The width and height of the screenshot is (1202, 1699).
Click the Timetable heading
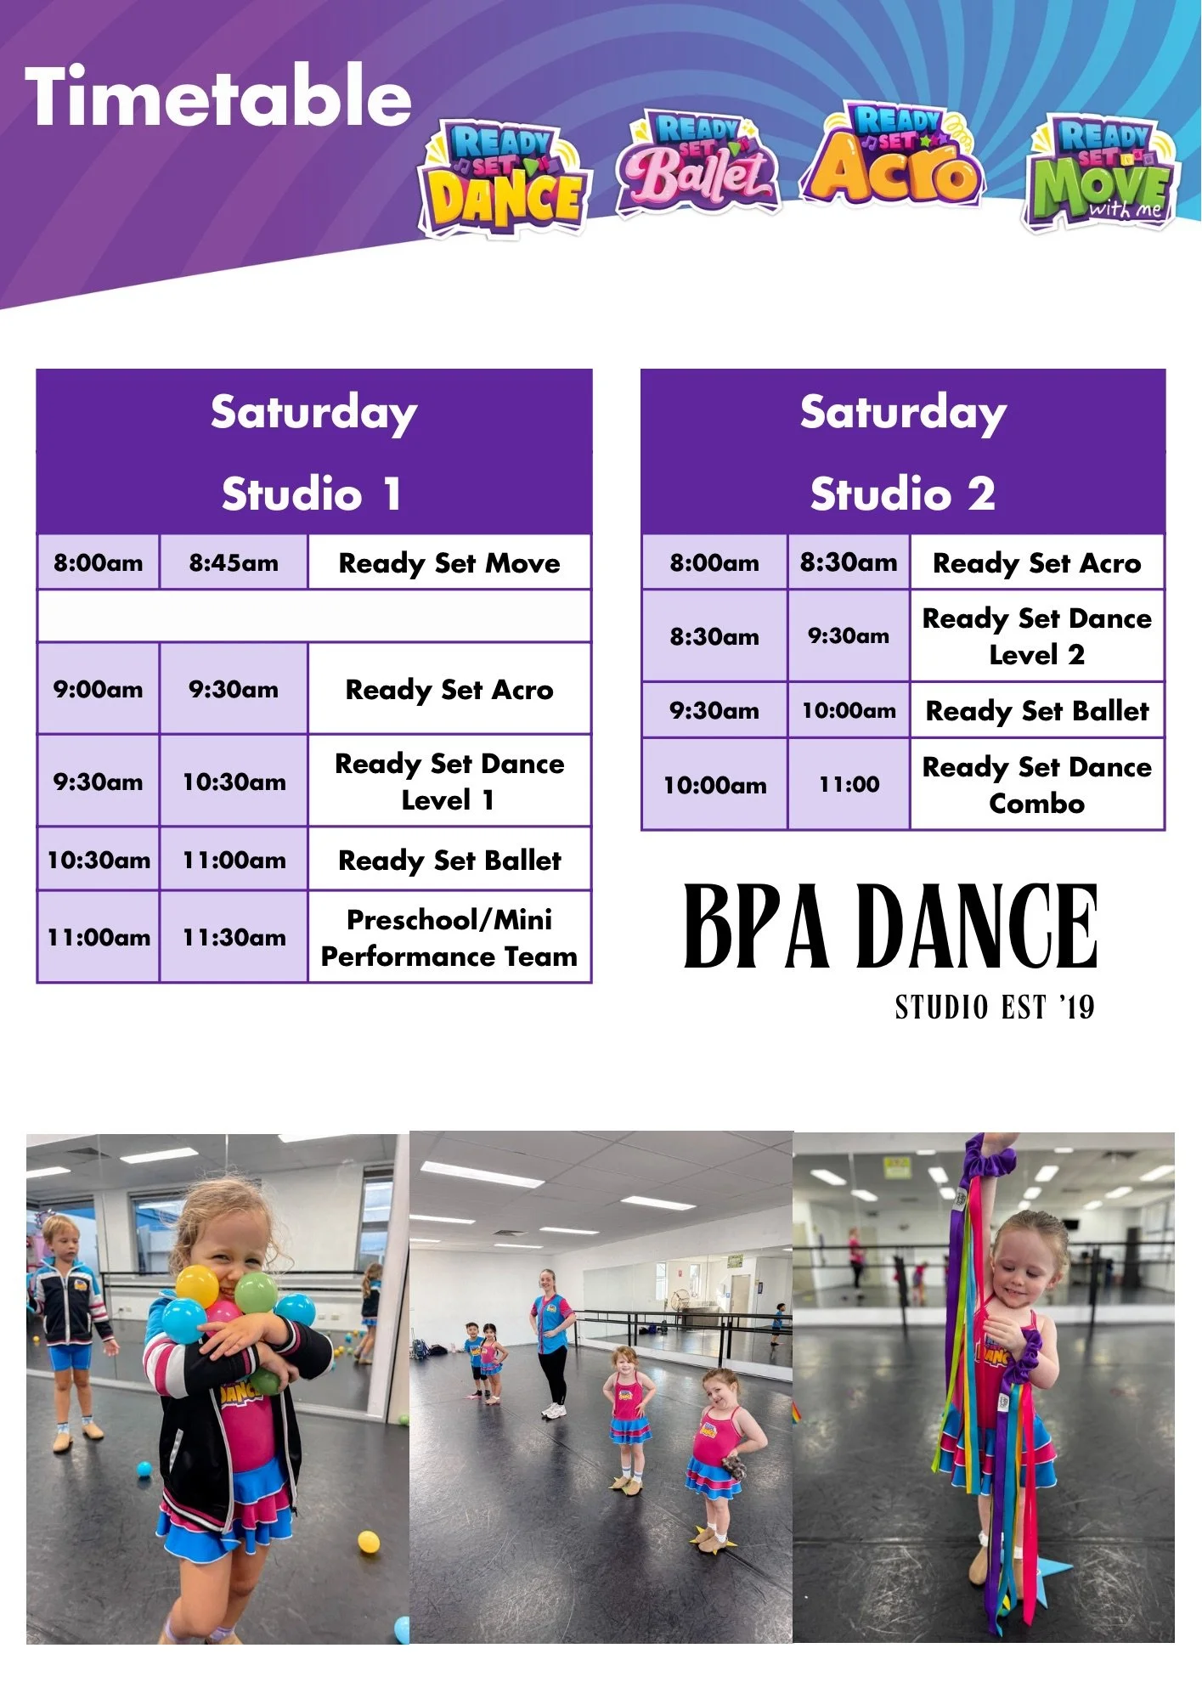tap(218, 96)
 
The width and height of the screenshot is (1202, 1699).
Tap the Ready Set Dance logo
tap(504, 178)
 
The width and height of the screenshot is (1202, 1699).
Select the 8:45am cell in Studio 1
tap(234, 562)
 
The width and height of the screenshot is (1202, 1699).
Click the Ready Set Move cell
tap(449, 562)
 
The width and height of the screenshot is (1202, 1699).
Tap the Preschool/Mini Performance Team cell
tap(449, 938)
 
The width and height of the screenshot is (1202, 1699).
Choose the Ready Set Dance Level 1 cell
tap(449, 782)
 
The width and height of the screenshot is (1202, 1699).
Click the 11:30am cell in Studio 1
tap(234, 938)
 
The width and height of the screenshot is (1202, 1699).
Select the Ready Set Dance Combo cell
tap(1037, 785)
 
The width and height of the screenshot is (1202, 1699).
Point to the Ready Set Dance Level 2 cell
tap(1037, 636)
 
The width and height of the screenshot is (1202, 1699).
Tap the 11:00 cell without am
tap(849, 785)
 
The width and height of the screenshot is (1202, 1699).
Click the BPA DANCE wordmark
tap(891, 926)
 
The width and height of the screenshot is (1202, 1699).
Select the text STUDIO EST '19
tap(995, 1008)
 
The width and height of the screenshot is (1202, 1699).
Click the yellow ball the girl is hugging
tap(197, 1285)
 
